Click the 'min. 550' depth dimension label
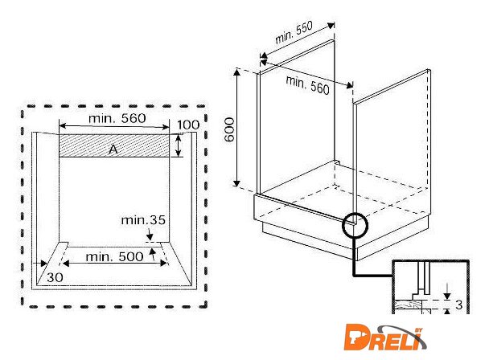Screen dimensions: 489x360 pyautogui.click(x=294, y=32)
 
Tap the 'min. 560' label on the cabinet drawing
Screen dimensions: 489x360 pyautogui.click(x=307, y=85)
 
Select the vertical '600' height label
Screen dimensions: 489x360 pyautogui.click(x=229, y=129)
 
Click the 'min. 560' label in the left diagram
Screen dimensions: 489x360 pyautogui.click(x=117, y=118)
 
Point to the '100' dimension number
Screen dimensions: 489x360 pyautogui.click(x=188, y=125)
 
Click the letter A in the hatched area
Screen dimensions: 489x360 pyautogui.click(x=113, y=150)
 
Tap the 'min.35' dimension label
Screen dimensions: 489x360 pyautogui.click(x=143, y=220)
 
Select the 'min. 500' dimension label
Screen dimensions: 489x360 pyautogui.click(x=114, y=257)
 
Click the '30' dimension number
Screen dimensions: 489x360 pyautogui.click(x=55, y=277)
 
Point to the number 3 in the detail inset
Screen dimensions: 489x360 pyautogui.click(x=458, y=305)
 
